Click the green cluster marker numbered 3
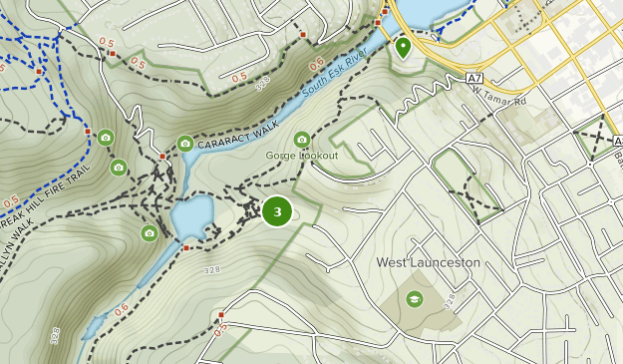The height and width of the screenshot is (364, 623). point(277,211)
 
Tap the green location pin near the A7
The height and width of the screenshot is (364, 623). point(403,46)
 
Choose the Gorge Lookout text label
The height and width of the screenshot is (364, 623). point(301,157)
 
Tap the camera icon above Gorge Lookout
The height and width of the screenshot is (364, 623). point(302,140)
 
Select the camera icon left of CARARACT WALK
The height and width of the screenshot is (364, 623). point(185,144)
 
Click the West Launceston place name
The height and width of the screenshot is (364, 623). point(429,262)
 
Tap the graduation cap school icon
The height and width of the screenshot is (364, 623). point(414,298)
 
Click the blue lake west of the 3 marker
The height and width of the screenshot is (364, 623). point(193,213)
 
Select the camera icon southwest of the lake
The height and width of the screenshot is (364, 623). point(150,233)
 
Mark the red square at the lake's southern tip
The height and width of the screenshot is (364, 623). point(185,247)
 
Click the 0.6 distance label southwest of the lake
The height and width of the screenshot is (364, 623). point(121,311)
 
